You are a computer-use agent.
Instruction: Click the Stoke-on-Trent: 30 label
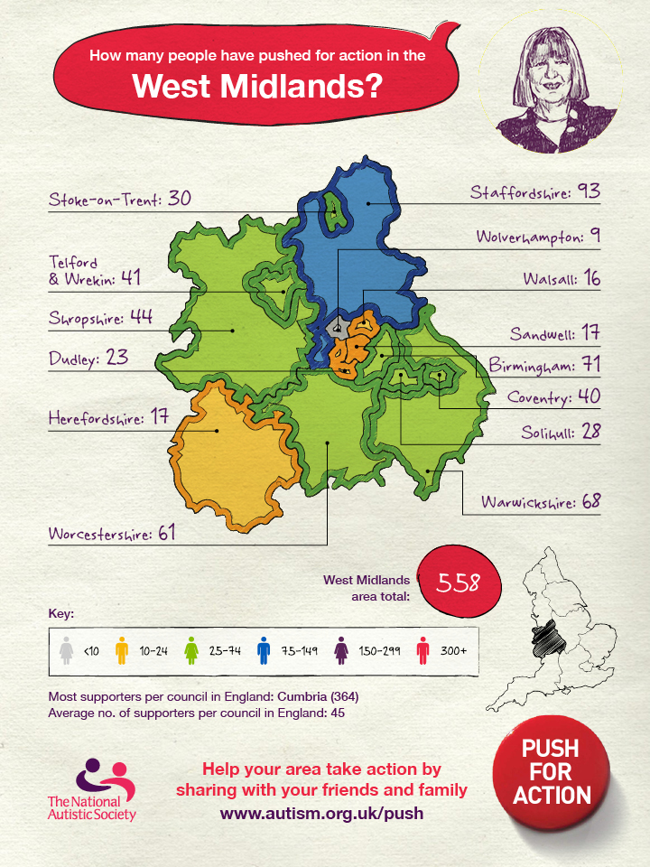(119, 200)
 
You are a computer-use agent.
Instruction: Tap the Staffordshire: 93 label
(535, 191)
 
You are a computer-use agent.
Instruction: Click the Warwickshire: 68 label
(541, 501)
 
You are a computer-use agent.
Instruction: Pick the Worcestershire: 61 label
(112, 534)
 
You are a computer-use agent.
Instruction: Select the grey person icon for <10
(67, 649)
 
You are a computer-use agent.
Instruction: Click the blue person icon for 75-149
(264, 649)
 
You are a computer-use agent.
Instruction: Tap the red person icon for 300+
(421, 649)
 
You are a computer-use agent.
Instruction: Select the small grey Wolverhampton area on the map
(339, 326)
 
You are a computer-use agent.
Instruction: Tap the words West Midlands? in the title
(256, 87)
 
